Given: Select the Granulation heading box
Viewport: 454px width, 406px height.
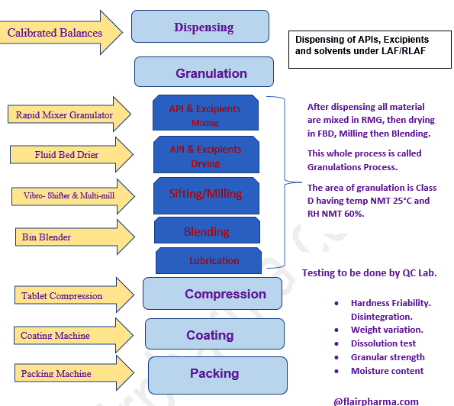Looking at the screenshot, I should point(203,73).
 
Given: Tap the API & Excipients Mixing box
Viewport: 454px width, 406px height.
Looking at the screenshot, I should point(204,114).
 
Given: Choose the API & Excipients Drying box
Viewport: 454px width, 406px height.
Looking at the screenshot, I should point(204,155).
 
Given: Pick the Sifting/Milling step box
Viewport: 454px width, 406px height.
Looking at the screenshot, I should point(204,194).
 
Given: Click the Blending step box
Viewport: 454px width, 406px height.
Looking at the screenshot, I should point(206,231).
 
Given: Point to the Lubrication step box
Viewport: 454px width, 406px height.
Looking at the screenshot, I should point(214,260).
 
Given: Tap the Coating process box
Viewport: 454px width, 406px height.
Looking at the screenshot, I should point(214,334).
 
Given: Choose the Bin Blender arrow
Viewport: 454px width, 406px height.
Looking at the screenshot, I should point(68,237).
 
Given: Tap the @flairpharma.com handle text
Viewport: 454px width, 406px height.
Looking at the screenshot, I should point(375,401).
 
